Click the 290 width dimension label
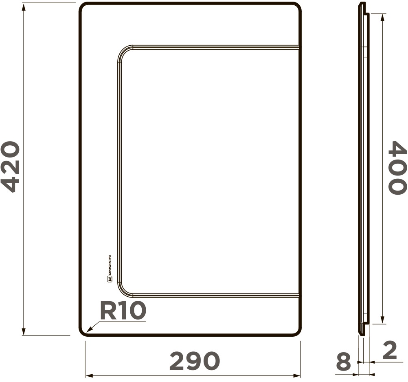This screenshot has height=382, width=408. click(x=195, y=361)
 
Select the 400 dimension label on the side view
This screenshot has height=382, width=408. click(x=397, y=168)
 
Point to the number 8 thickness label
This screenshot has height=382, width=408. click(x=344, y=362)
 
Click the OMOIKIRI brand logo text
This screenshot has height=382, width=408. click(x=110, y=269)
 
